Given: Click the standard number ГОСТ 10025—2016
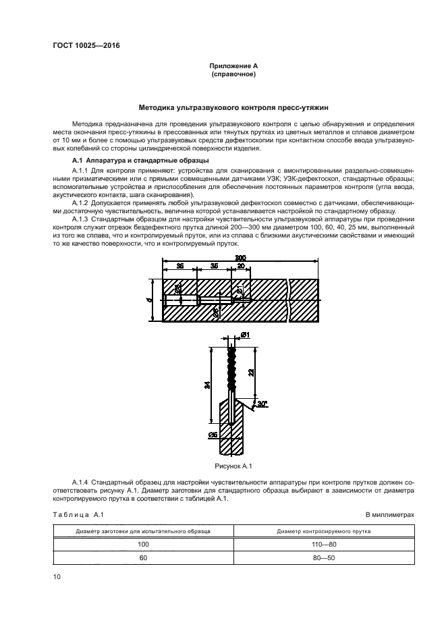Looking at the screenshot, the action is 86,45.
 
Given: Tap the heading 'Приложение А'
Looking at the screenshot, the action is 233,65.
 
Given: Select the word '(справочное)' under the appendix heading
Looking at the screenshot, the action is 233,74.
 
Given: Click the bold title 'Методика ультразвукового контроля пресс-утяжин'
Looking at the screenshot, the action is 233,107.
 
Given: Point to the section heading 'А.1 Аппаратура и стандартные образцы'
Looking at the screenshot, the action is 140,161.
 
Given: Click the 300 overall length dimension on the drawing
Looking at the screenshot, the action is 240,258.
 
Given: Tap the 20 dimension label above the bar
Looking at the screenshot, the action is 240,266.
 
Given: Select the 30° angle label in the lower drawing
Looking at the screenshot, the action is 262,404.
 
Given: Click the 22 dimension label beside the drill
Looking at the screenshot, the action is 250,373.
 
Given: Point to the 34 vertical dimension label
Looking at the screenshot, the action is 206,385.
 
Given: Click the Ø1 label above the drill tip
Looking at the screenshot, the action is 245,335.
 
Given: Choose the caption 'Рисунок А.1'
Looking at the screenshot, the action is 233,466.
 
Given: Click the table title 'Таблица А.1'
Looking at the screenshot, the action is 78,514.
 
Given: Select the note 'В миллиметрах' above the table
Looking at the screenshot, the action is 390,514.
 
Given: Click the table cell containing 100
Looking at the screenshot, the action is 143,545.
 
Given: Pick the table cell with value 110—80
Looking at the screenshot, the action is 324,545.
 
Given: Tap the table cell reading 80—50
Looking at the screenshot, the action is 324,557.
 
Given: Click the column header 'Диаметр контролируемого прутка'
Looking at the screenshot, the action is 324,531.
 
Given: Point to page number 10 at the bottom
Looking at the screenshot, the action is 57,576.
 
